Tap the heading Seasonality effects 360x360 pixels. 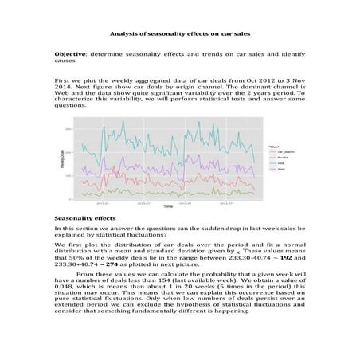pos(84,217)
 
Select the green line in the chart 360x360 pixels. pos(159,192)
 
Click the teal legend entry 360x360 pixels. pos(273,162)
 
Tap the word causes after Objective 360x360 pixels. pos(65,60)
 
